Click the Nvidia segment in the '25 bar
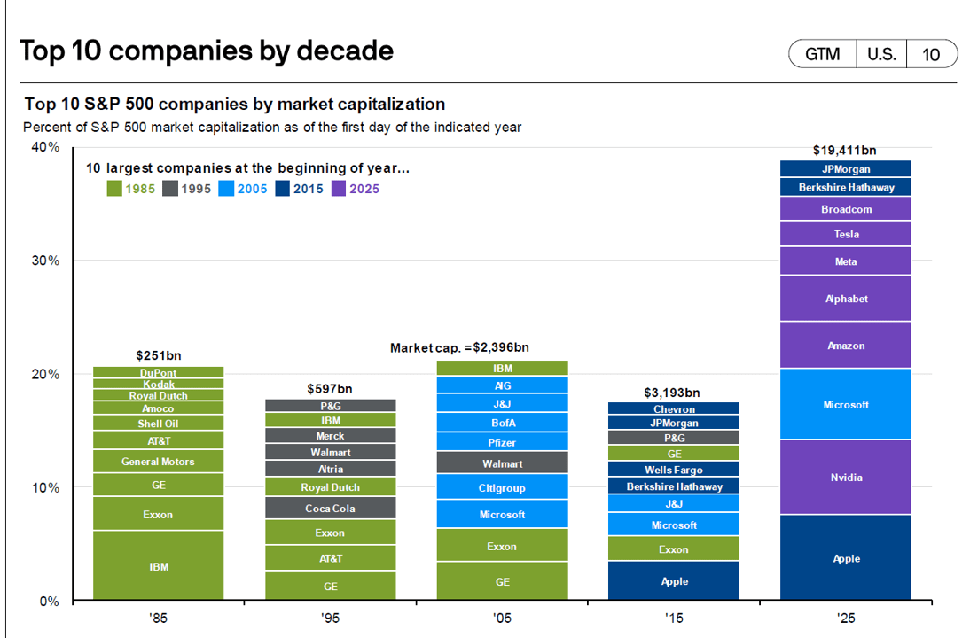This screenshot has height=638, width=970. tap(846, 477)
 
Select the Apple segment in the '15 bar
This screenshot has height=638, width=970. tap(674, 581)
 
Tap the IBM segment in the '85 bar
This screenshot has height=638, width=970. tap(159, 565)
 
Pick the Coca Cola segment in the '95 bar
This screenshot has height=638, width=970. tap(330, 508)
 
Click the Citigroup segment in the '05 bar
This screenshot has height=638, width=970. tap(502, 487)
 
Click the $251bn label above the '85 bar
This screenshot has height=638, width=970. tap(158, 354)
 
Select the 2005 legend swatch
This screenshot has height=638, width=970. tap(226, 188)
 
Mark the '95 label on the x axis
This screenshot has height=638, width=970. tap(329, 618)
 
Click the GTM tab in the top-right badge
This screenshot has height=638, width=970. tap(822, 54)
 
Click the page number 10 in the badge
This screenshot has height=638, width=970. tap(931, 54)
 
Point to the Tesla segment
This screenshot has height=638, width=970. tap(846, 234)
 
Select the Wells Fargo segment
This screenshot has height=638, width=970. tap(674, 470)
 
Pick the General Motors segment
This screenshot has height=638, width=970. tap(159, 461)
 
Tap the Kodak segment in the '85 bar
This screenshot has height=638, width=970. tap(159, 385)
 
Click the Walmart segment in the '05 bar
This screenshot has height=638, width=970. tap(502, 463)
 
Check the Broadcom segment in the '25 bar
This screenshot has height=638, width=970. tap(846, 209)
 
